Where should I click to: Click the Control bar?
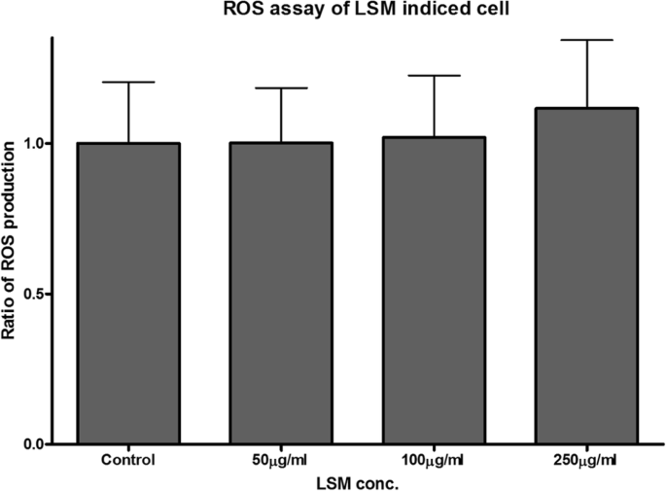(128, 294)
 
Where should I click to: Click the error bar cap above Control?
(128, 83)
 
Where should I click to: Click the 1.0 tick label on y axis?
(35, 143)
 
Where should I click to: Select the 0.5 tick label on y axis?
(35, 294)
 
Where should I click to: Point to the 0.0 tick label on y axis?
(35, 444)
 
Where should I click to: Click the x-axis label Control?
(128, 459)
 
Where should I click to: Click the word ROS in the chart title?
(246, 10)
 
